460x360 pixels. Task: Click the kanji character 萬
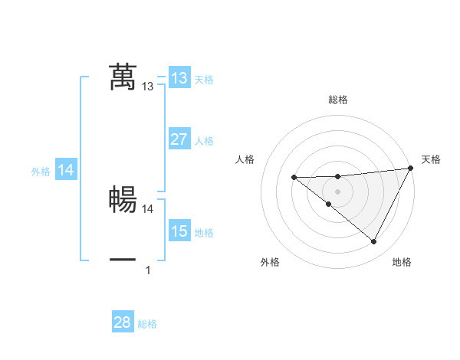click(x=123, y=78)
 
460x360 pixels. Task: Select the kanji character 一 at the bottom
click(x=123, y=260)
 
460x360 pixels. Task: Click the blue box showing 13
click(x=179, y=78)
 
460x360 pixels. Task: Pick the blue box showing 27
click(x=179, y=139)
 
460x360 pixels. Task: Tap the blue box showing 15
click(x=179, y=231)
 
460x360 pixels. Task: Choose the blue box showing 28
click(x=123, y=322)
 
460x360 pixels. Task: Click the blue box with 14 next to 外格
click(x=66, y=171)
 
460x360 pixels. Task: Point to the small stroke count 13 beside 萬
click(x=148, y=87)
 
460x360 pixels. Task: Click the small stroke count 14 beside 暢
click(x=148, y=208)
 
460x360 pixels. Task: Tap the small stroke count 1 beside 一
click(x=148, y=270)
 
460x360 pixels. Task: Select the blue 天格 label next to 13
click(x=204, y=80)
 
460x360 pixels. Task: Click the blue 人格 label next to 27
click(x=204, y=141)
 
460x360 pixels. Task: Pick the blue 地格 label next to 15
click(x=204, y=233)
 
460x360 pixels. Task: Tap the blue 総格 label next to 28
click(x=147, y=324)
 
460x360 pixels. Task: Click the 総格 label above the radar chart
click(x=338, y=100)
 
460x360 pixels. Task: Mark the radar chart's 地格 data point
click(x=374, y=241)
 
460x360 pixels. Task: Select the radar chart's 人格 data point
click(x=294, y=178)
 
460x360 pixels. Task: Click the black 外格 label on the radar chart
click(x=270, y=263)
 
